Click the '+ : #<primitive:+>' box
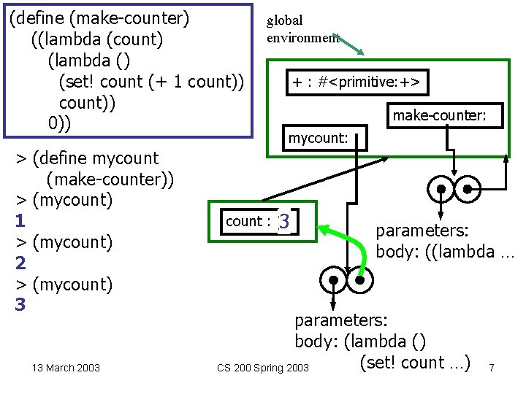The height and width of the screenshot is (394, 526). point(357,82)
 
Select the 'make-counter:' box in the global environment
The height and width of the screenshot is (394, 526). point(445,115)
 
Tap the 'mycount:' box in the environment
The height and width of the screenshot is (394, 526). point(324,138)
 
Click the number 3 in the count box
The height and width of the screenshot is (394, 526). point(283,221)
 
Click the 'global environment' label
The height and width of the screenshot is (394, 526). point(302,29)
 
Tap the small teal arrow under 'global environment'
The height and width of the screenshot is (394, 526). point(348,45)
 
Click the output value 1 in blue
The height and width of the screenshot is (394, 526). point(20,221)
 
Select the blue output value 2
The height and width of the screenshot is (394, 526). point(20,263)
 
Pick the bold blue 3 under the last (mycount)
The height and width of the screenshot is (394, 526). point(20,304)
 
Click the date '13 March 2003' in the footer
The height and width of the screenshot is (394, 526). point(66,368)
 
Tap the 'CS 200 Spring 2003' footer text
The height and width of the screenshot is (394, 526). point(263,368)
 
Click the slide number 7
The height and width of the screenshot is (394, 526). point(492,368)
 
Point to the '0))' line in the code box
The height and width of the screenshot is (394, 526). point(59,123)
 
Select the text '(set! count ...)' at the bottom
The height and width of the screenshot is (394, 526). point(415,363)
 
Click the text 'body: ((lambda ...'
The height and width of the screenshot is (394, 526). point(445,252)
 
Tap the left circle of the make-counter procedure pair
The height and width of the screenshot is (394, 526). point(441,189)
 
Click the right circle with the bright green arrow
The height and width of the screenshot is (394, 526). point(360,280)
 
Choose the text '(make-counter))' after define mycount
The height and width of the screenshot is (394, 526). point(110,179)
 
